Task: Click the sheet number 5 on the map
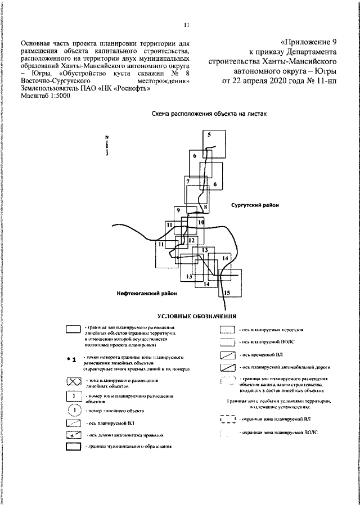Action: click(208, 135)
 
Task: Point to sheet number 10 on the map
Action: click(201, 223)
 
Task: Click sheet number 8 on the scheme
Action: click(206, 207)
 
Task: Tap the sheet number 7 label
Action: click(188, 182)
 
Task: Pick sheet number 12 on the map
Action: click(192, 241)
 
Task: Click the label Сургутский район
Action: click(255, 206)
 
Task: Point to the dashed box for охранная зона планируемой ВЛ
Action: click(227, 420)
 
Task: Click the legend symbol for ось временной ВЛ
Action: click(227, 355)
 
